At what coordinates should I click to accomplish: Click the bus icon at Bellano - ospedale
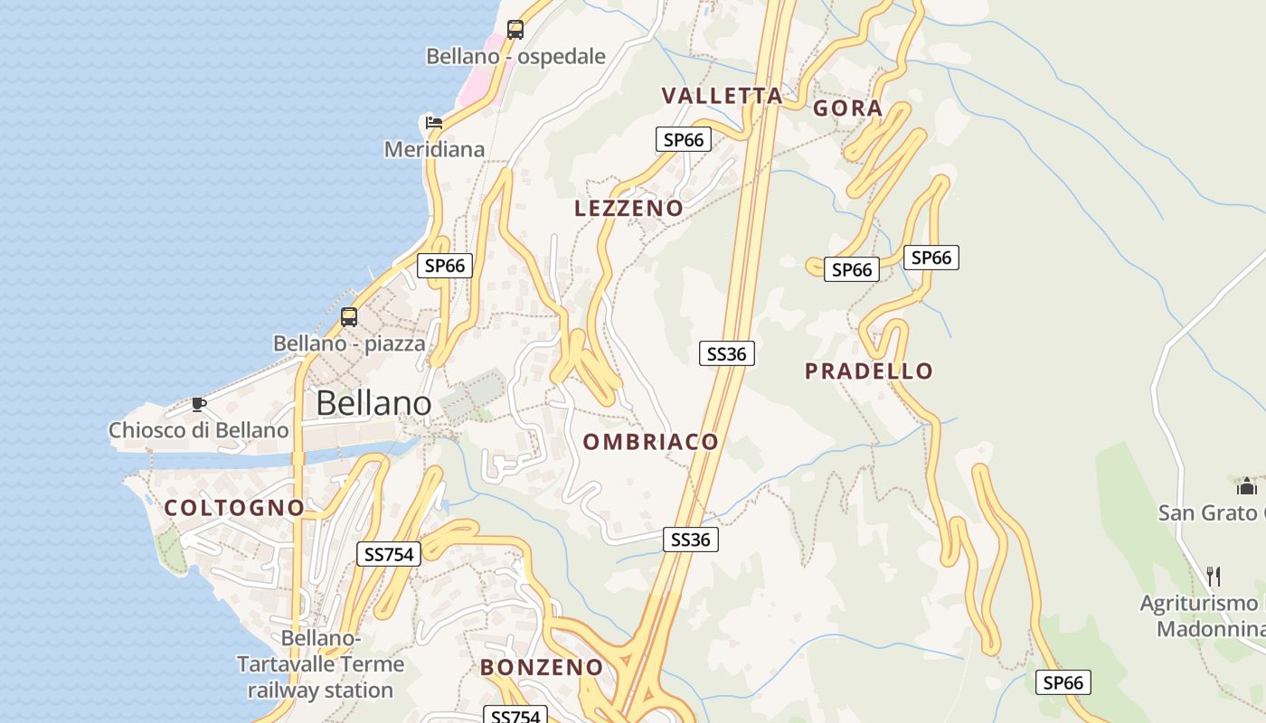point(515,29)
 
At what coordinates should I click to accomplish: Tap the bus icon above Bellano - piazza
point(349,316)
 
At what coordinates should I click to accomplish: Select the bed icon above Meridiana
point(434,122)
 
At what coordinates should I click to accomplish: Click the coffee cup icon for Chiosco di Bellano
point(199,404)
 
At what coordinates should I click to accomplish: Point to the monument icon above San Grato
point(1247,487)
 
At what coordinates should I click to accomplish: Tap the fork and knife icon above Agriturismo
point(1214,576)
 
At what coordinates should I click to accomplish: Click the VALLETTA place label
point(722,96)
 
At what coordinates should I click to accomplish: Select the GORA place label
point(848,108)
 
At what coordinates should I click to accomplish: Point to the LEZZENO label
point(629,209)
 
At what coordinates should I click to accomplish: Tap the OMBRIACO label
point(651,442)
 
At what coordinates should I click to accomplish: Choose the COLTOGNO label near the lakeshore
point(235,508)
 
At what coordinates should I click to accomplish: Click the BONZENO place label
point(542,668)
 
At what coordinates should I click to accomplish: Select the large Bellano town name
point(373,403)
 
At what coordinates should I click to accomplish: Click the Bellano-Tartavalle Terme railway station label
point(320,664)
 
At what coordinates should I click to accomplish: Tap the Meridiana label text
point(435,149)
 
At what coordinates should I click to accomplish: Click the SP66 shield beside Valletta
point(684,139)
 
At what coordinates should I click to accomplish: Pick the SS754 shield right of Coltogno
point(389,554)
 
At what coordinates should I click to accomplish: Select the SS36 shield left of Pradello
point(727,353)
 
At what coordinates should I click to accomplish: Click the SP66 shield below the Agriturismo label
point(1063,682)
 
